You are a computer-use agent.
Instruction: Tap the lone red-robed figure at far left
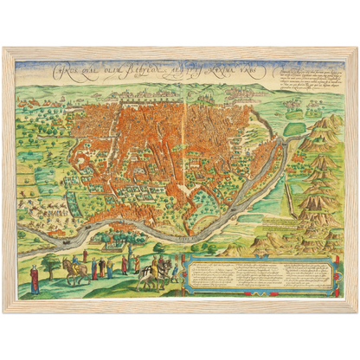(x=33, y=279)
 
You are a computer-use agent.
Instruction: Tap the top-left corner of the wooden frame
(x=4, y=48)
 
